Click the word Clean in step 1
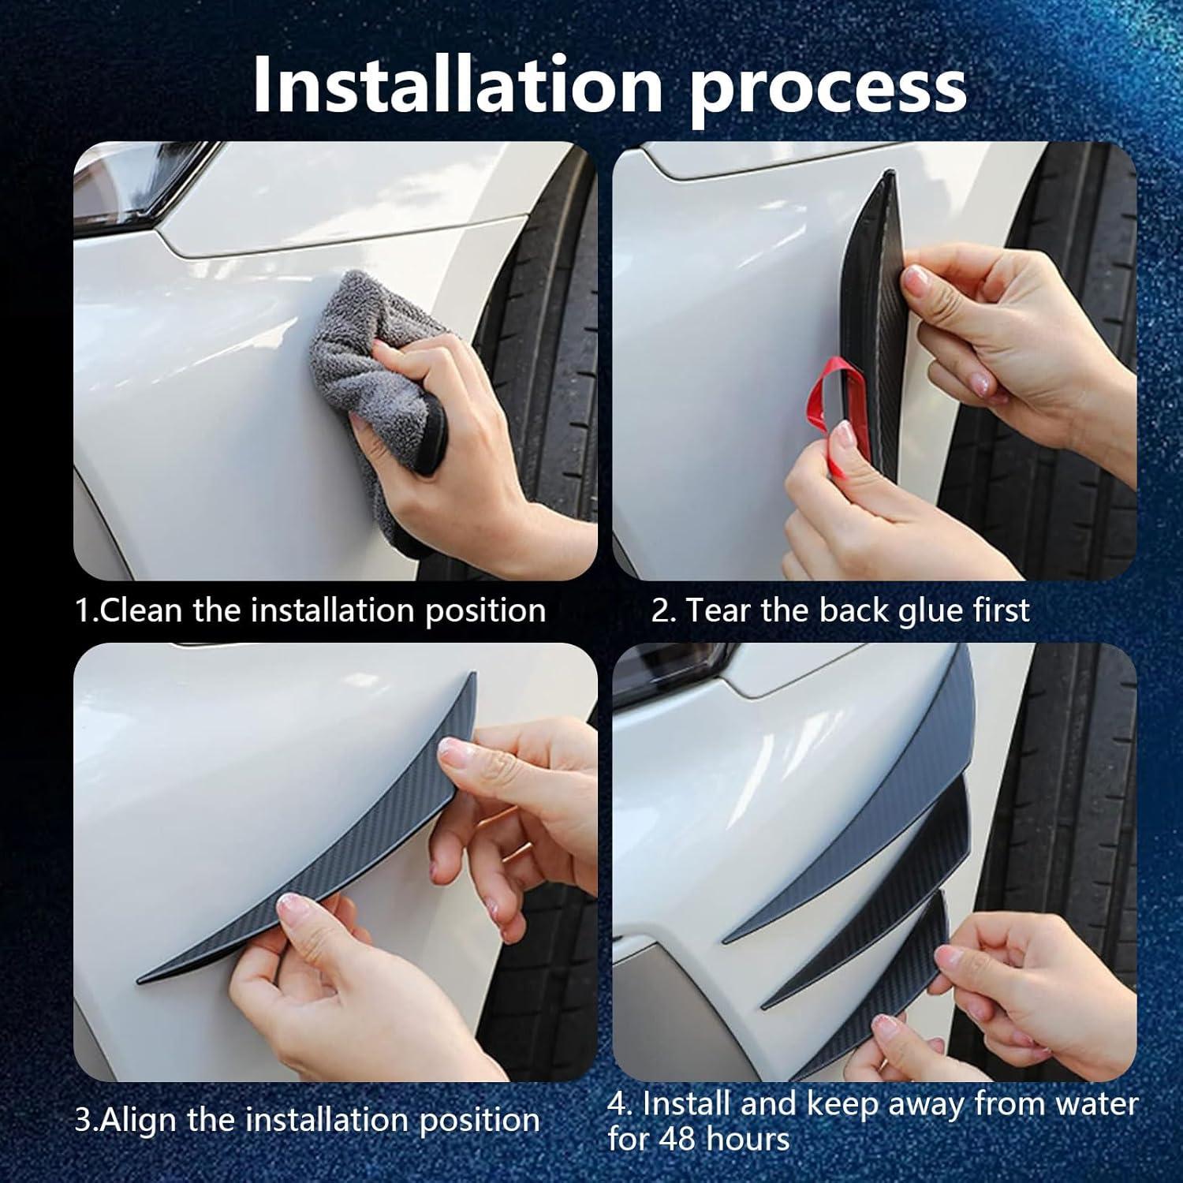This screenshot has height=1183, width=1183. click(142, 610)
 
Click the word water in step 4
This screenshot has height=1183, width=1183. click(1097, 1104)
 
